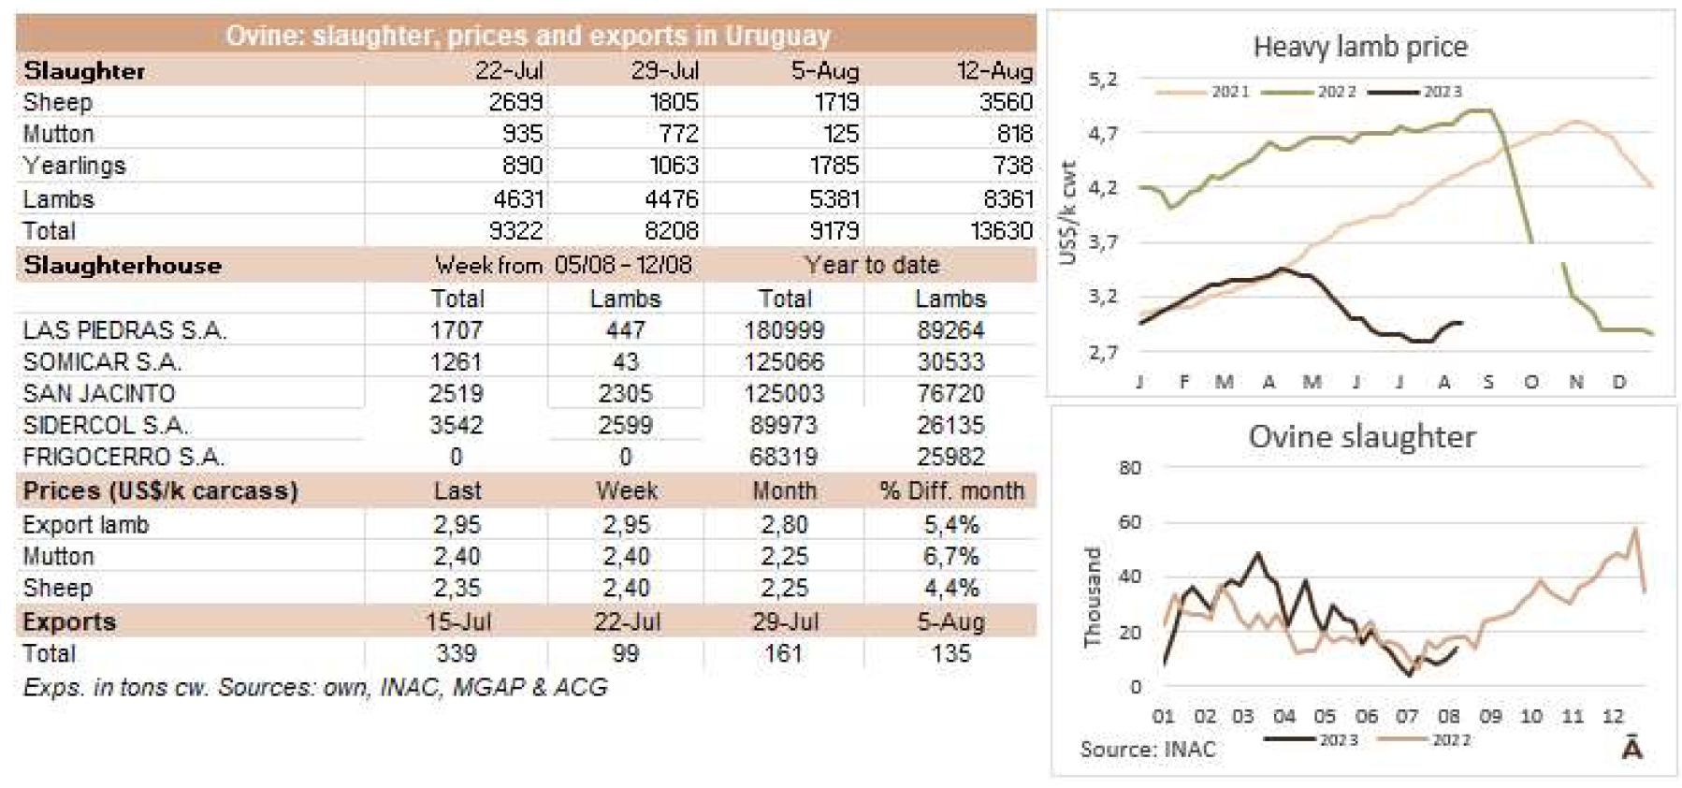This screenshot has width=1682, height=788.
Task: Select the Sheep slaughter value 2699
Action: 515,102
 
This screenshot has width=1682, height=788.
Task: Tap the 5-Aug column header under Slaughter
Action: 824,71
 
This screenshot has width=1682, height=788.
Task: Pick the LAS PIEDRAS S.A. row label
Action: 124,330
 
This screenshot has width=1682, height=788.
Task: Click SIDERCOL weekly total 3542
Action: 456,425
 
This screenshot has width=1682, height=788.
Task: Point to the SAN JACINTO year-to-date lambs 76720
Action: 950,393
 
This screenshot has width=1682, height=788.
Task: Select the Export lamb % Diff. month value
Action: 950,525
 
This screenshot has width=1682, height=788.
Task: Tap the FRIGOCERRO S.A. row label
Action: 123,457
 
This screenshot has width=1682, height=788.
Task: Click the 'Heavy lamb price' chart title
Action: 1359,47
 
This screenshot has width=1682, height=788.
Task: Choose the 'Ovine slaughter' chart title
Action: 1361,436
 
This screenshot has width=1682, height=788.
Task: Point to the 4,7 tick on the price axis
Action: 1103,134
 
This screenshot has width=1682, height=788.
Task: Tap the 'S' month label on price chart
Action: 1487,382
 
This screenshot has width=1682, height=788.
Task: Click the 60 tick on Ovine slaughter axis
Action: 1130,522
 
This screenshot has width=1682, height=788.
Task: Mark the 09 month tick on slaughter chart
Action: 1490,716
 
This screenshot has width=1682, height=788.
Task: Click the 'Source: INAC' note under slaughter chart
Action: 1148,749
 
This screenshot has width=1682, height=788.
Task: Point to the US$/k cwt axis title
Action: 1068,213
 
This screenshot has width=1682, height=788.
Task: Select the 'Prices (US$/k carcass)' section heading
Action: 160,491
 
